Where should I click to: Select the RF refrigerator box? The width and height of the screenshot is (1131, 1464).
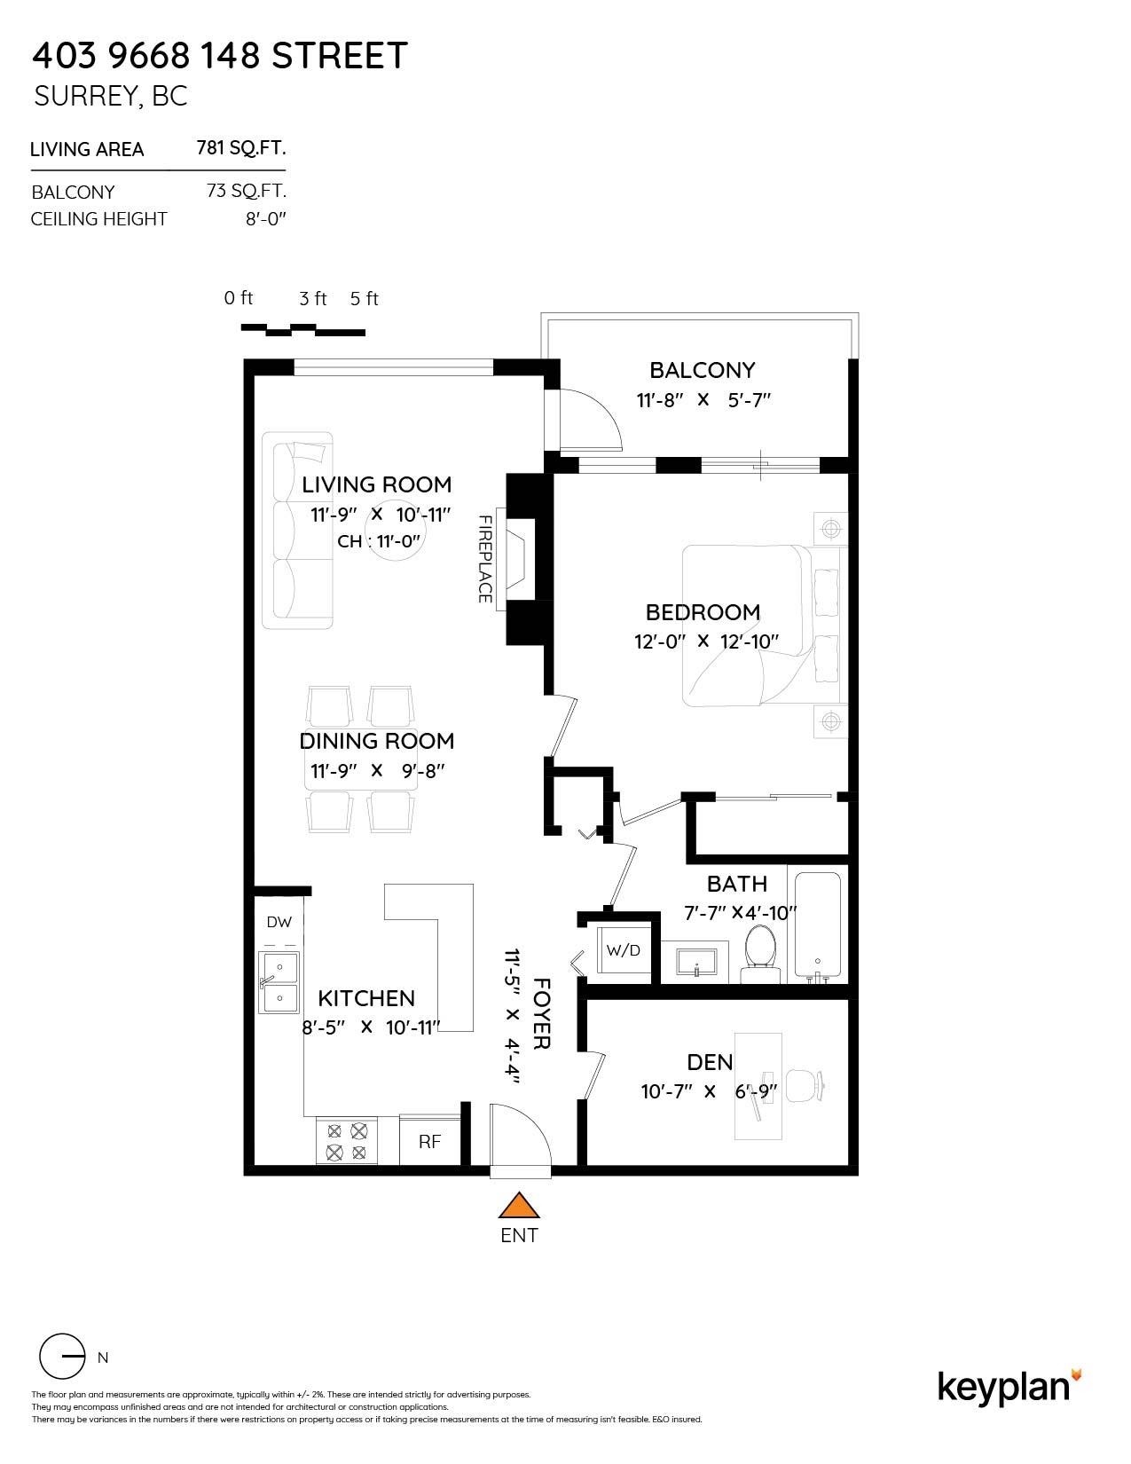coord(429,1141)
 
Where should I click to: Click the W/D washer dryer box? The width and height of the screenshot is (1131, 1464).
coord(623,950)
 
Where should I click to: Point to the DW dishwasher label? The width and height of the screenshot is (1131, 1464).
coord(279,922)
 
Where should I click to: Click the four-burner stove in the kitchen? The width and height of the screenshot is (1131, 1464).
coord(347,1141)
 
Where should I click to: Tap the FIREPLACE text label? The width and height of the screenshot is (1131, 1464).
coord(485,559)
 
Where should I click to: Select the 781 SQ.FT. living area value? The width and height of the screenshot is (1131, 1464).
coord(240,148)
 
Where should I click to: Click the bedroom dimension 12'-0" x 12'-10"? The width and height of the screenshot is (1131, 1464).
coord(706,641)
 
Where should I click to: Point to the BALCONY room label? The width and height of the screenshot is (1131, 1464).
coord(702,370)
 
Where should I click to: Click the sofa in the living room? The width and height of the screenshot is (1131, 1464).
coord(296,531)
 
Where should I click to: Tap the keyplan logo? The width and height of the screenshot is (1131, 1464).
coord(1009,1386)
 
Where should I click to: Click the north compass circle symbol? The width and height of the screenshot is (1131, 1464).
coord(62,1356)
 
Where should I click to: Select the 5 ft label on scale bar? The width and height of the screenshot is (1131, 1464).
coord(364,299)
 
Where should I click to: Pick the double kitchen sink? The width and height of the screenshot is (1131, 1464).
coord(279,982)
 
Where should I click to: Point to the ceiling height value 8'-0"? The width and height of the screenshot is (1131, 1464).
coord(266,218)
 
